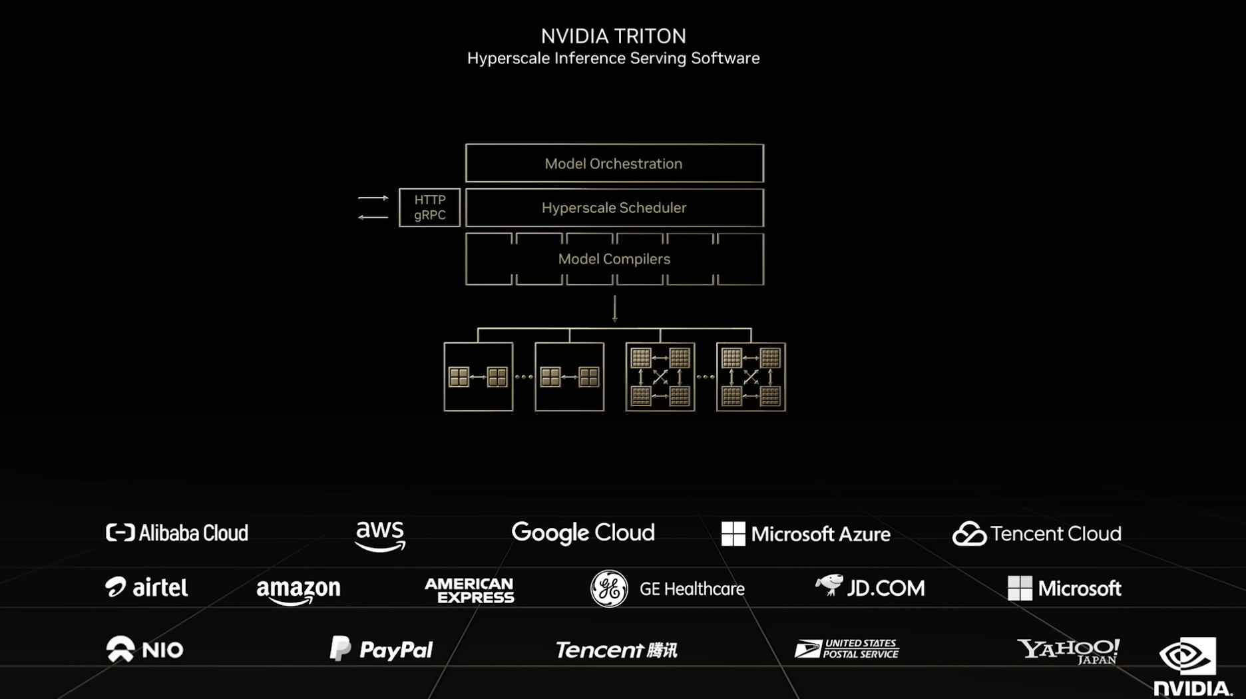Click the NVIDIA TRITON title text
(x=613, y=36)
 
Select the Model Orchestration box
(x=614, y=163)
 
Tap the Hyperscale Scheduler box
(x=614, y=208)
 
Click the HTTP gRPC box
(x=429, y=207)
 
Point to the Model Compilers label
(x=614, y=259)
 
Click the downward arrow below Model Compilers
(x=614, y=309)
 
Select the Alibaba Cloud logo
(x=177, y=533)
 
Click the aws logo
(x=380, y=535)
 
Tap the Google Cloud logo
(x=583, y=533)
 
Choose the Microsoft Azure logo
(x=805, y=534)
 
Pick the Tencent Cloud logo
(x=1036, y=534)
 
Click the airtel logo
(x=146, y=587)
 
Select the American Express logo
(x=469, y=590)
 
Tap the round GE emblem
(x=608, y=588)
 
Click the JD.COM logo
(x=870, y=587)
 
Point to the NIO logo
(x=144, y=649)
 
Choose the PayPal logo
(x=381, y=649)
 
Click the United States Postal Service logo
(x=846, y=648)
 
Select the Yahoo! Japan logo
(x=1068, y=650)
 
